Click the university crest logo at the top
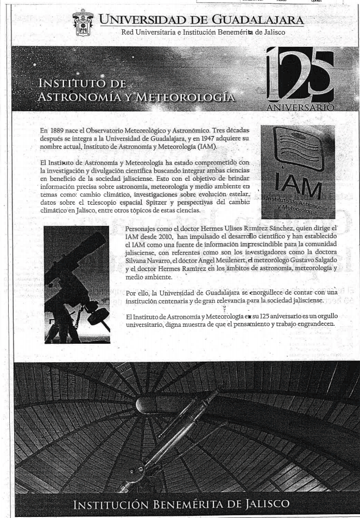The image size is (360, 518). (83, 23)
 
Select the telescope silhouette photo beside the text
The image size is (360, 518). (77, 285)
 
